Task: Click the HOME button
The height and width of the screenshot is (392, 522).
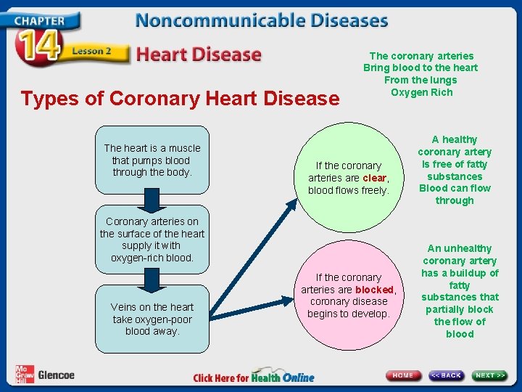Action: pyautogui.click(x=404, y=375)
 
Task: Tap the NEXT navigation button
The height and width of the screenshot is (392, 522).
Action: pyautogui.click(x=490, y=375)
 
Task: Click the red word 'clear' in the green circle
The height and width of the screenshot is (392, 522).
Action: pyautogui.click(x=375, y=178)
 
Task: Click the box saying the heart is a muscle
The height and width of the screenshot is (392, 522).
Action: pyautogui.click(x=152, y=160)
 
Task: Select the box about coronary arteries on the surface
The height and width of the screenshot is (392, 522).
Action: pyautogui.click(x=152, y=240)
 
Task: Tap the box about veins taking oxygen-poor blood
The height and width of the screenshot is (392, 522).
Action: pyautogui.click(x=152, y=319)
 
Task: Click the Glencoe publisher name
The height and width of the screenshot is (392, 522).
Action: pyautogui.click(x=56, y=375)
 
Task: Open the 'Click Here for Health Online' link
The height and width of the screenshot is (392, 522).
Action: pyautogui.click(x=254, y=377)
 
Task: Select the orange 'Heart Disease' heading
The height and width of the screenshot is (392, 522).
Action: pyautogui.click(x=199, y=54)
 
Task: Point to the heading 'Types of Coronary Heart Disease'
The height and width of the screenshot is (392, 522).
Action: pyautogui.click(x=180, y=99)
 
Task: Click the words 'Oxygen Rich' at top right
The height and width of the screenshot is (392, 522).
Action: pyautogui.click(x=421, y=92)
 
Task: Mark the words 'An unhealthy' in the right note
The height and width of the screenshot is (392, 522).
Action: pyautogui.click(x=460, y=248)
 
